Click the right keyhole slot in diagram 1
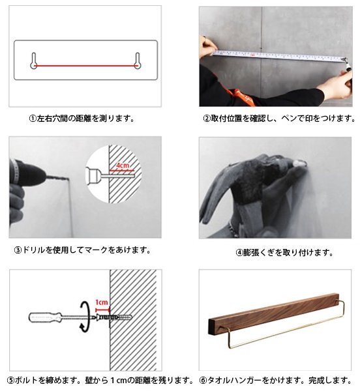coord(138,61)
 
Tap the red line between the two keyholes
coord(85,66)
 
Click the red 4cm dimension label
coord(123,166)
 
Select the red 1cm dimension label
coord(102,302)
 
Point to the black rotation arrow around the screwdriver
coord(85,317)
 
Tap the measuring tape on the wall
coord(279,55)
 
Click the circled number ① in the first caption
coord(33,119)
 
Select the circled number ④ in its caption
coord(239,253)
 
